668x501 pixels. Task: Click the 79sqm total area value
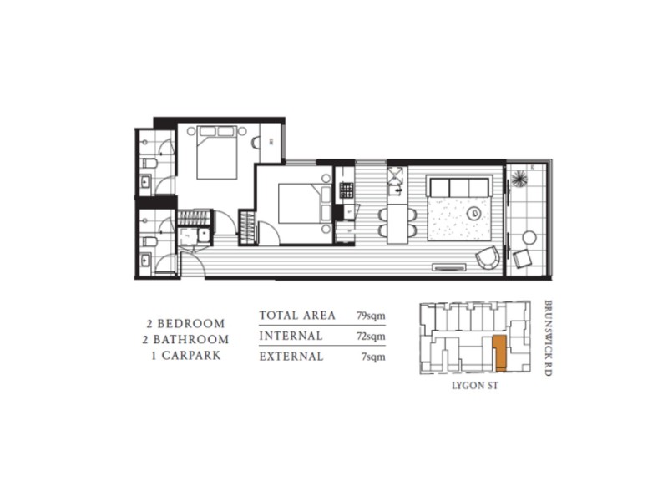pos(370,316)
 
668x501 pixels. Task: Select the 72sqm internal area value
pos(370,337)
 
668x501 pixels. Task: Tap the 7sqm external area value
pos(372,357)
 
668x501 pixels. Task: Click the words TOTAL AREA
pos(296,316)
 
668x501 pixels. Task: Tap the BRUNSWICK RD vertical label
pos(547,338)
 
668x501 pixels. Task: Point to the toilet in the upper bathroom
pos(147,161)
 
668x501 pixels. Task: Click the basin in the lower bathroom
pos(146,262)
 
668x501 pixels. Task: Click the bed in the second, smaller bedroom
pos(298,203)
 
